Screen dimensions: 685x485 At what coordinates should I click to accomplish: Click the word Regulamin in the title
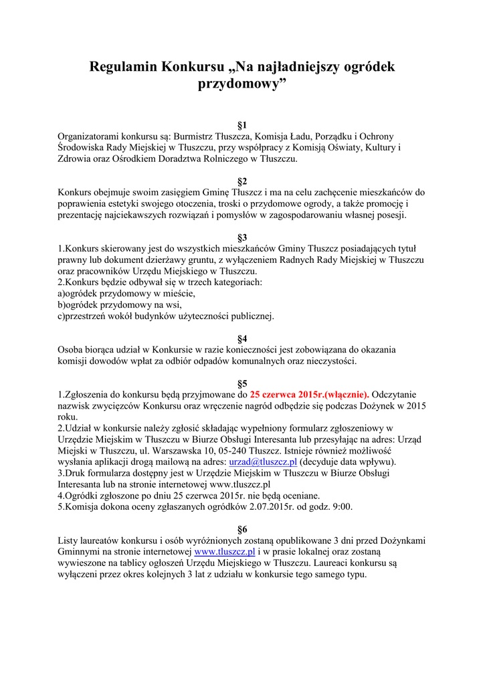(123, 67)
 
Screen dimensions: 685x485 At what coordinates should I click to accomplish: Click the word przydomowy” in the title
(242, 85)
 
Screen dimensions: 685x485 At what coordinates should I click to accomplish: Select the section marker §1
(242, 125)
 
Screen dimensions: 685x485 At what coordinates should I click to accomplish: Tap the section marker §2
(242, 181)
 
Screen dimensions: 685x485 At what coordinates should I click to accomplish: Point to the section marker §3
(242, 237)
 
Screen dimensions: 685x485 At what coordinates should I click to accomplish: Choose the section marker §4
(242, 338)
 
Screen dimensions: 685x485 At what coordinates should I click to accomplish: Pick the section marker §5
(242, 384)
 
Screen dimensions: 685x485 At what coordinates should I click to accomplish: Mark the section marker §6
(242, 529)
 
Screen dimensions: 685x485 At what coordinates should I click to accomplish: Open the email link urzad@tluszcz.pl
(263, 462)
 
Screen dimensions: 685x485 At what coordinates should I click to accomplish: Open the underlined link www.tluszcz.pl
(225, 552)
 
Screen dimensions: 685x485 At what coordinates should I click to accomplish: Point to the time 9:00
(343, 507)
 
